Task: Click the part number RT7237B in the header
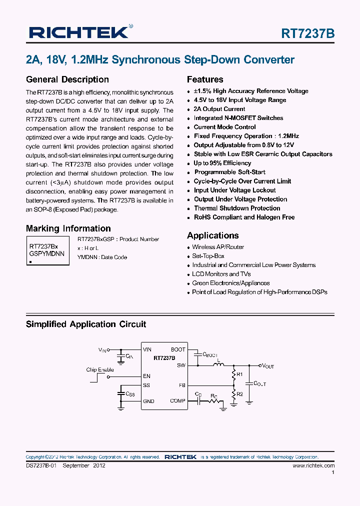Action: pyautogui.click(x=308, y=33)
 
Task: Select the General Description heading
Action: pyautogui.click(x=67, y=79)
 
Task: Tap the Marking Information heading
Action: pyautogui.click(x=68, y=228)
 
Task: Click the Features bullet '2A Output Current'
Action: pyautogui.click(x=219, y=109)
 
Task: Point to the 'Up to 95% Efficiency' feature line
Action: pyautogui.click(x=222, y=163)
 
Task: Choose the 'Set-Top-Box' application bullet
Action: pyautogui.click(x=208, y=256)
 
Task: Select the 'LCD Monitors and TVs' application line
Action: pyautogui.click(x=221, y=274)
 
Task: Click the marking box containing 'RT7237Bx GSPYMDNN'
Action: pyautogui.click(x=47, y=250)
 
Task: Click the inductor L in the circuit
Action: pyautogui.click(x=218, y=364)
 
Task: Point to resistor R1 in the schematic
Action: pyautogui.click(x=234, y=374)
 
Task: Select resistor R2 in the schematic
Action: pyautogui.click(x=234, y=394)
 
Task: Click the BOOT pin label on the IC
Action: pyautogui.click(x=178, y=349)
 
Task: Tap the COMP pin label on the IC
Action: pyautogui.click(x=177, y=401)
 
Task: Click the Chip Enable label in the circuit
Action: pyautogui.click(x=99, y=370)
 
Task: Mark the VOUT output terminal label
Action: pyautogui.click(x=267, y=366)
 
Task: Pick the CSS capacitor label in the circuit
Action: pyautogui.click(x=129, y=394)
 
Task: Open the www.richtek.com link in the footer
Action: pyautogui.click(x=313, y=465)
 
